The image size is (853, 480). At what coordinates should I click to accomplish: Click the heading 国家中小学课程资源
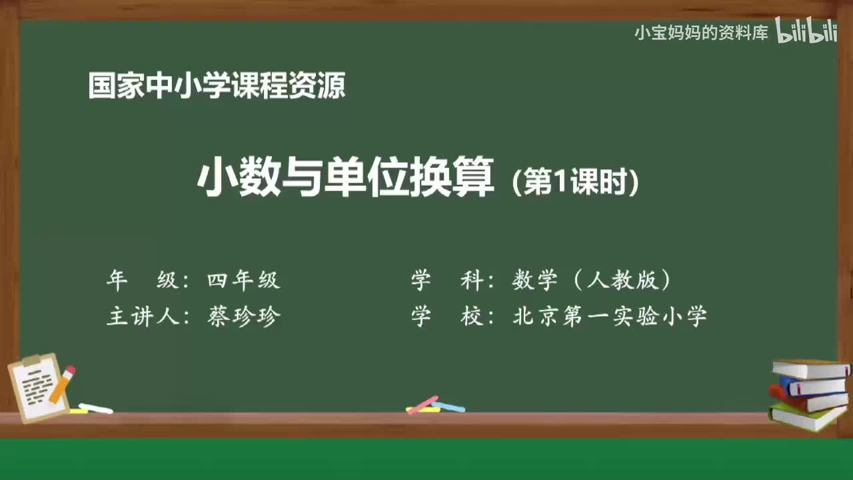(217, 87)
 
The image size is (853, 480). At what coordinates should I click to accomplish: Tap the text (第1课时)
(575, 183)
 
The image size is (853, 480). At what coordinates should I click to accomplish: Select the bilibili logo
(806, 32)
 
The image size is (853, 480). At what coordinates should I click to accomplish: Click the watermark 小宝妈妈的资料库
(701, 33)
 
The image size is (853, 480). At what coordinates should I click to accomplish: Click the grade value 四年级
(243, 281)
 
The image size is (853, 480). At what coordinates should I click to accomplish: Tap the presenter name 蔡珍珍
(243, 316)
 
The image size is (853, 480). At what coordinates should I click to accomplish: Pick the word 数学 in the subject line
(534, 281)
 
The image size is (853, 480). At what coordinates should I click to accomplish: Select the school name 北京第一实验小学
(609, 316)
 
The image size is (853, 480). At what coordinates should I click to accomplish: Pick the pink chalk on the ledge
(423, 405)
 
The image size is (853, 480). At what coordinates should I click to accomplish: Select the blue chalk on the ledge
(450, 406)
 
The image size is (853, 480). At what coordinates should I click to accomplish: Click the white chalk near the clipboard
(96, 408)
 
